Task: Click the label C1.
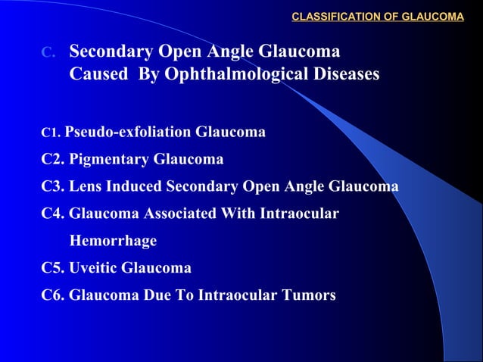coord(51,134)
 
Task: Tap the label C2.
coord(55,160)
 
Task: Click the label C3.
coord(55,187)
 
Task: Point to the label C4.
coord(55,214)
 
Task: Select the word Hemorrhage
coord(113,241)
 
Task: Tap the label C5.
coord(55,268)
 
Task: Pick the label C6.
coord(55,295)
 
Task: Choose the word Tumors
coord(307,295)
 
